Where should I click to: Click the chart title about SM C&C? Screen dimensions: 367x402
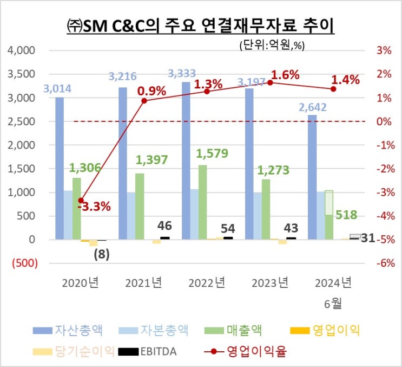201,25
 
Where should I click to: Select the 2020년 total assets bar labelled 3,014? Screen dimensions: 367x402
59,168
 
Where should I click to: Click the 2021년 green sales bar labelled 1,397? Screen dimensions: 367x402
140,206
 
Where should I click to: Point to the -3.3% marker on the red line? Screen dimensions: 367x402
81,200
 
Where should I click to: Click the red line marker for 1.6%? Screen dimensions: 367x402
270,82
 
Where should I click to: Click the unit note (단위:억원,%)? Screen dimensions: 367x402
271,46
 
